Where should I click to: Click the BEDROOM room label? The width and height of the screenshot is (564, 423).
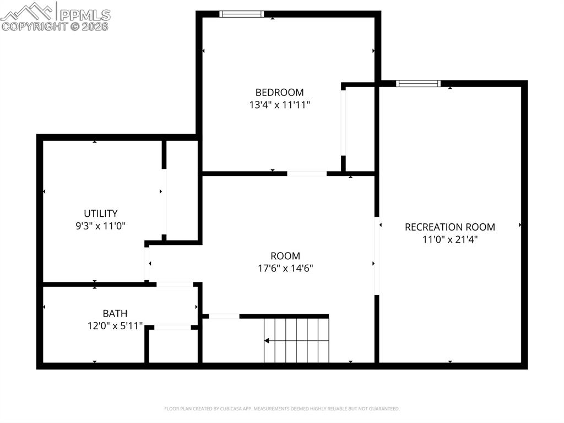[x=279, y=92]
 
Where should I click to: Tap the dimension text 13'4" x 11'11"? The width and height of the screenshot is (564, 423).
[x=279, y=105]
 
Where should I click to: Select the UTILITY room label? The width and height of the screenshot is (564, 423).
[x=100, y=213]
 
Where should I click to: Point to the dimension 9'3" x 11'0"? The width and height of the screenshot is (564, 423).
[x=100, y=226]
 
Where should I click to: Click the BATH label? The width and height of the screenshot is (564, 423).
[x=115, y=314]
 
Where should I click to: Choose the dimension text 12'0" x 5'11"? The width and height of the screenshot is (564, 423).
[x=115, y=326]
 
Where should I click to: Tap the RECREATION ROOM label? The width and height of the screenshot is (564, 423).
[x=449, y=227]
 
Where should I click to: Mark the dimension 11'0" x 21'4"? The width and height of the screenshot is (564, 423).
[x=449, y=239]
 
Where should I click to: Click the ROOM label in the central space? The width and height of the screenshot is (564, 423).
[x=285, y=256]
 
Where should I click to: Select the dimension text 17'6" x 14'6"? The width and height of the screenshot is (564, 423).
[x=285, y=269]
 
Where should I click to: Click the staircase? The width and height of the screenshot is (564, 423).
[x=296, y=341]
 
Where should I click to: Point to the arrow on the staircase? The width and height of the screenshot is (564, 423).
[x=267, y=341]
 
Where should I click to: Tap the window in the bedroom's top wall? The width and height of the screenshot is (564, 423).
[x=241, y=14]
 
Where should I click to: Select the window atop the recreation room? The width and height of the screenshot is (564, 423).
[x=419, y=84]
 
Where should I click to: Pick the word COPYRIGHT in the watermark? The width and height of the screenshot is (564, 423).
[x=34, y=26]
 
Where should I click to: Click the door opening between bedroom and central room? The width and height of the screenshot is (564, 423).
[x=307, y=174]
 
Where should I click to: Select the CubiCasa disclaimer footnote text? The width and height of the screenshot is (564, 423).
[x=281, y=409]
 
